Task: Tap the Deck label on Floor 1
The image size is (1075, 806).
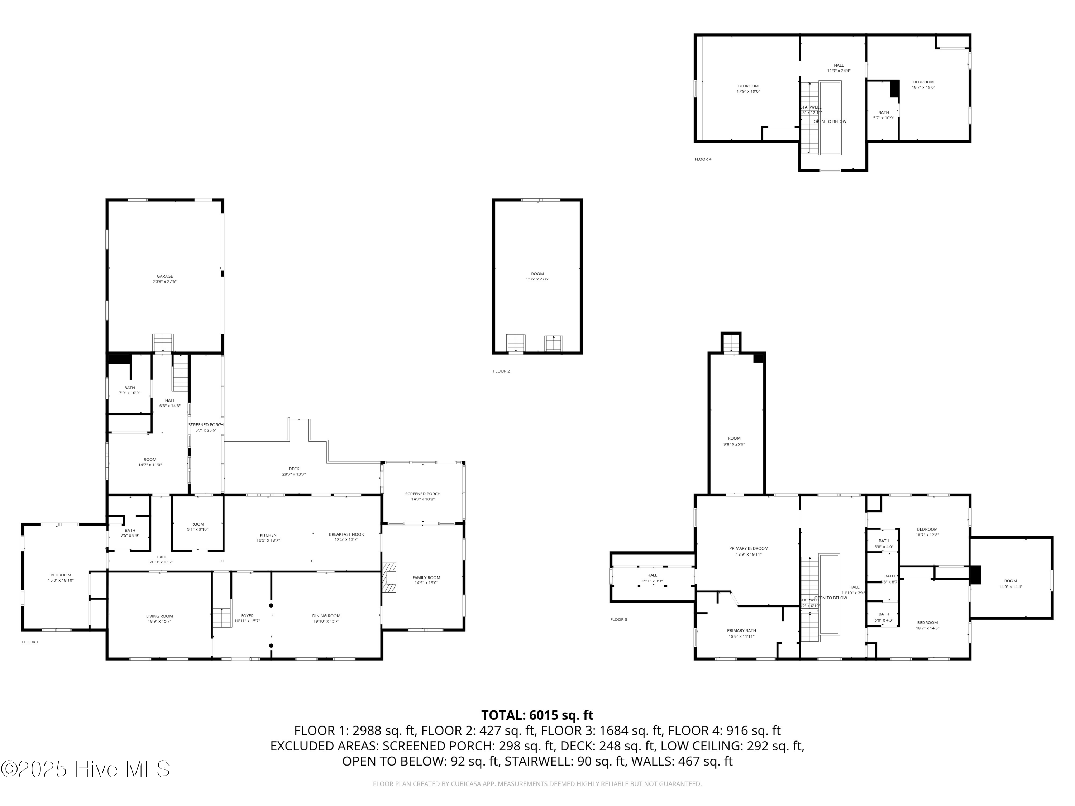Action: [294, 469]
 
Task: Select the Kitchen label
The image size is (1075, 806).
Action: [268, 535]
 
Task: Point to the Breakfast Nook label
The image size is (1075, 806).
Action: [346, 534]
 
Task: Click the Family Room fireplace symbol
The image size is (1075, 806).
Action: [389, 578]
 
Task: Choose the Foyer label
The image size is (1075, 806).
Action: [247, 615]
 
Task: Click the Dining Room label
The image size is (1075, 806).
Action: [326, 615]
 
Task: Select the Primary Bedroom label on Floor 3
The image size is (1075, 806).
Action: [749, 548]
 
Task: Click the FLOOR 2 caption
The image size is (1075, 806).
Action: [501, 371]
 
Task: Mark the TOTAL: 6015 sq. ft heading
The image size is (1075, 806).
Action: [537, 715]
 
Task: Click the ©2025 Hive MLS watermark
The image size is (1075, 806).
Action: [85, 769]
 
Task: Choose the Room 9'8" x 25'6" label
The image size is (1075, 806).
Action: [734, 441]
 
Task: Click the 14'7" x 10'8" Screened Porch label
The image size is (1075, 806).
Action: [423, 496]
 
